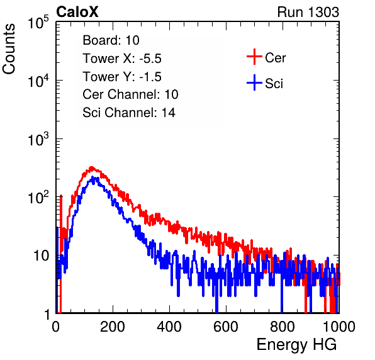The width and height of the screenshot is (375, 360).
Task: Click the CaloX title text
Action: pyautogui.click(x=77, y=12)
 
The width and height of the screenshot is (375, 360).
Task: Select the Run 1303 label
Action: pyautogui.click(x=308, y=12)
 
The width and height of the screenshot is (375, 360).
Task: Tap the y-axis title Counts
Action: pyautogui.click(x=9, y=49)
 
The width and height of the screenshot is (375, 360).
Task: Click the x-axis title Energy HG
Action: pyautogui.click(x=296, y=345)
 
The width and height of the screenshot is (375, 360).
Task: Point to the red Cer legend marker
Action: pyautogui.click(x=254, y=57)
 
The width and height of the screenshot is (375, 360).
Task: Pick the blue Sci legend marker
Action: pyautogui.click(x=254, y=83)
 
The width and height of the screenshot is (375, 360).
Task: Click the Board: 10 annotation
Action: pyautogui.click(x=111, y=40)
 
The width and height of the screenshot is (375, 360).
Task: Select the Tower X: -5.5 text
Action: pyautogui.click(x=122, y=59)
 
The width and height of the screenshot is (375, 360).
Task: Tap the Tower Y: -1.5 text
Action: pyautogui.click(x=122, y=77)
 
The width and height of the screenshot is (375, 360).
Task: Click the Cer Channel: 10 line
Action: pyautogui.click(x=130, y=94)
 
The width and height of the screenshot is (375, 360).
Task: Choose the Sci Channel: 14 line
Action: pyautogui.click(x=129, y=113)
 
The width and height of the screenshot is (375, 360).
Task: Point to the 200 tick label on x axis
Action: pyautogui.click(x=113, y=327)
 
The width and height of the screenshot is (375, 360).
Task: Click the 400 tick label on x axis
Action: pyautogui.click(x=169, y=327)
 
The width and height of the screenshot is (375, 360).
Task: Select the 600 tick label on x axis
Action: pyautogui.click(x=226, y=327)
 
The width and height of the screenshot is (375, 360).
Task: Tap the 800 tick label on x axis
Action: pyautogui.click(x=283, y=327)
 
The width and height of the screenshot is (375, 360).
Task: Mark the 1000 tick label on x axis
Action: pyautogui.click(x=339, y=327)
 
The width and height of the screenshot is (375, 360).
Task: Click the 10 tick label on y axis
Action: pyautogui.click(x=41, y=256)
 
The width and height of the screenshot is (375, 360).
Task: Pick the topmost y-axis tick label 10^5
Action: pyautogui.click(x=38, y=22)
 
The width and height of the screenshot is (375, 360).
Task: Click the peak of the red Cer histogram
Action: pyautogui.click(x=91, y=167)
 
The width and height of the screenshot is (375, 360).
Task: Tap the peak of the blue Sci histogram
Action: pyautogui.click(x=93, y=177)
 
